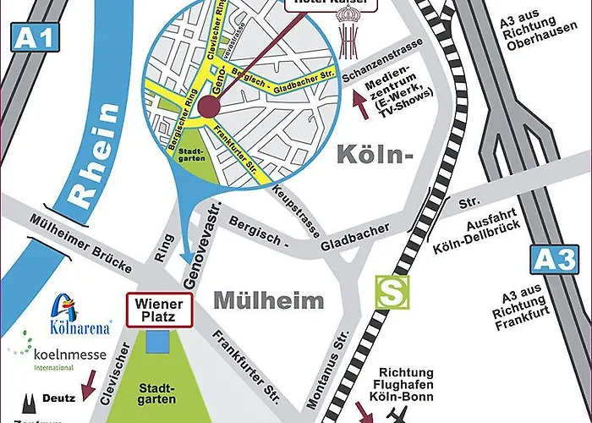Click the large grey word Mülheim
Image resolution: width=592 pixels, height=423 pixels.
[x=269, y=299]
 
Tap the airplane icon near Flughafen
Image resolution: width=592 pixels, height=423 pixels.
[x=397, y=414]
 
